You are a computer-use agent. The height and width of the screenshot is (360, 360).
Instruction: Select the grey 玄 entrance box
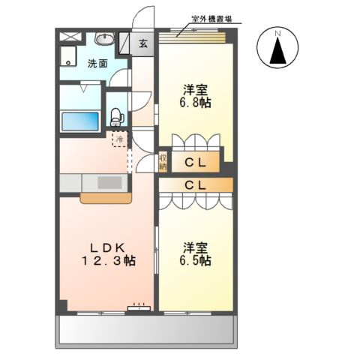point(142,43)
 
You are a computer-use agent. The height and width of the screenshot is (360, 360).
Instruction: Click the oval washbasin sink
point(104,40)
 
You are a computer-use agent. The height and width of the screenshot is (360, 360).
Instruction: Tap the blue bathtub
point(79,121)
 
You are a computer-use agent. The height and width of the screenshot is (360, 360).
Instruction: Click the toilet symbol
point(116,115)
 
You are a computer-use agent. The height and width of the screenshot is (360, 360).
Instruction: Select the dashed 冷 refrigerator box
point(119,139)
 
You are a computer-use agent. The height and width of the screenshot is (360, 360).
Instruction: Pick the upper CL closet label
point(196,161)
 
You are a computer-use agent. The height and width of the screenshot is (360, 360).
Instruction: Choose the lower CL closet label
point(196,183)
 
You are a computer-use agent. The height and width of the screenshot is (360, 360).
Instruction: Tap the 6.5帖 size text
point(195,260)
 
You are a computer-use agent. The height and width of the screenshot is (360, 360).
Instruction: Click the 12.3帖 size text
point(109,261)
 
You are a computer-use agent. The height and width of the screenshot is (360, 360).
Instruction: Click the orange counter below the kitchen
point(106,199)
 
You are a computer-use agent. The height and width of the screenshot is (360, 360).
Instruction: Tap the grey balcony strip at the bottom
point(147,328)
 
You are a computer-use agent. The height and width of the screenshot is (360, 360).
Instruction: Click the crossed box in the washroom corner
point(70,36)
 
